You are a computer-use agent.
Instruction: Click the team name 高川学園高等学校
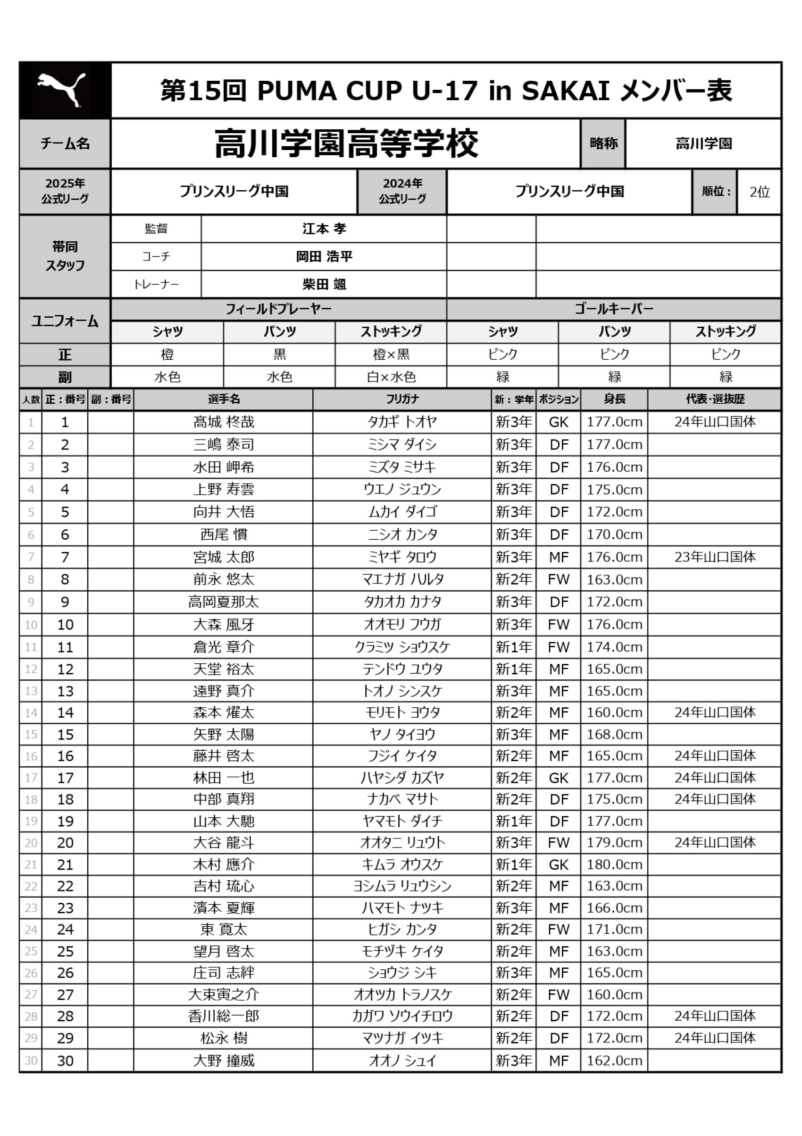tap(346, 144)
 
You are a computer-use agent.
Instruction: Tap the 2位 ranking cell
tap(759, 192)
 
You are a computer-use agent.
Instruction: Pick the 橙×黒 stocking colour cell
tap(391, 354)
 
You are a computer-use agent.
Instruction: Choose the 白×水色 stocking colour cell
tap(391, 377)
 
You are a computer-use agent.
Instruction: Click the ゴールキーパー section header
tap(614, 309)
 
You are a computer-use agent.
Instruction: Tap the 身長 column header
tap(614, 399)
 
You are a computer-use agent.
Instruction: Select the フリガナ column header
tap(401, 399)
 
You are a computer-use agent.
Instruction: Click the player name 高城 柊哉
tap(224, 422)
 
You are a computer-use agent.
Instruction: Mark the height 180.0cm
tap(614, 865)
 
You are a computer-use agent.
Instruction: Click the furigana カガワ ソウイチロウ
tap(401, 1016)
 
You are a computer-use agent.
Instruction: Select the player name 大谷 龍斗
tap(224, 843)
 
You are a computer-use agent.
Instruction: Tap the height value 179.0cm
tap(614, 843)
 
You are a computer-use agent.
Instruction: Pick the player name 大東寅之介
tap(224, 994)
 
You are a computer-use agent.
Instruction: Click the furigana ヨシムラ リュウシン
tap(401, 886)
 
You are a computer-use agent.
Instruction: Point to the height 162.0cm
tap(614, 1060)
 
